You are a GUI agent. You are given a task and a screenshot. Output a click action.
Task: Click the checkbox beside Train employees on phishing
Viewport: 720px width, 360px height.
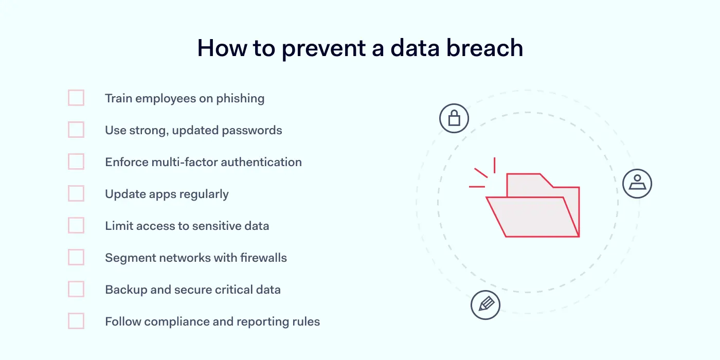[76, 98]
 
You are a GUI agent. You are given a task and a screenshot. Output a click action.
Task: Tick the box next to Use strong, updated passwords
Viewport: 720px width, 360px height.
[76, 130]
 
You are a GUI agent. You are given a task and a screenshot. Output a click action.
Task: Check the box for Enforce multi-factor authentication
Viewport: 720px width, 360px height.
[76, 161]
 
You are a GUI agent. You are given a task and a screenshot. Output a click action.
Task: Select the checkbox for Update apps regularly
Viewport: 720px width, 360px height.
[76, 193]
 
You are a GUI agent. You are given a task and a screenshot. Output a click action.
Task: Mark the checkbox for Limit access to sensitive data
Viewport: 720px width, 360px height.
[76, 225]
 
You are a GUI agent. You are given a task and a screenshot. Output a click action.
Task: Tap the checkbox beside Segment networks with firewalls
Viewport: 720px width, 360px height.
[76, 257]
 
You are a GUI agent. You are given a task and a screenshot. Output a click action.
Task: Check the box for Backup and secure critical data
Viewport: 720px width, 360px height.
[76, 289]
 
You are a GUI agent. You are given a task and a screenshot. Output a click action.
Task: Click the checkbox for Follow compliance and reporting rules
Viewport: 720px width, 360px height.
[76, 321]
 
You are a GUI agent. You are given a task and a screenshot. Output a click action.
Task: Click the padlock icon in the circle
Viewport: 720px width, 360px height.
[454, 119]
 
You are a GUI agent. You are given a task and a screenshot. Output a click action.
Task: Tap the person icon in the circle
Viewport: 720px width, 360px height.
[637, 183]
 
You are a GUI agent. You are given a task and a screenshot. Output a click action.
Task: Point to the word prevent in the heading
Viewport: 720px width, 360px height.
[323, 49]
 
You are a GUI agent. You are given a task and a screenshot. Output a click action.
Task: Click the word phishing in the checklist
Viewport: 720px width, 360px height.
[241, 99]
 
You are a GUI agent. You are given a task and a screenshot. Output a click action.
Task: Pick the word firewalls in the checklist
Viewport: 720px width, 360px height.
[263, 258]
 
